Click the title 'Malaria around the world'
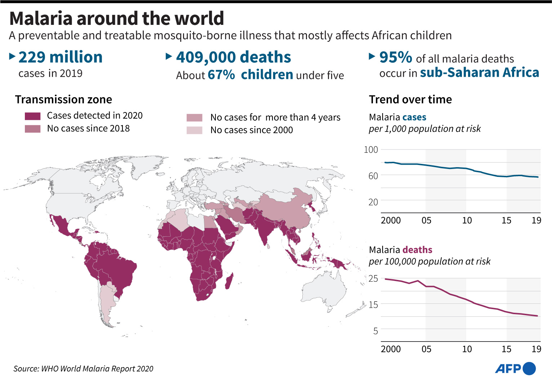click(116, 18)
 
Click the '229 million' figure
click(60, 57)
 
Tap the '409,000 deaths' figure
click(233, 57)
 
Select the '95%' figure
click(395, 57)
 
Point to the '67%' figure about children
click(221, 75)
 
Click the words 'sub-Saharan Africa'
click(479, 72)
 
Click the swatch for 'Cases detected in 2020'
click(32, 116)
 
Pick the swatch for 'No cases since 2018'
click(32, 129)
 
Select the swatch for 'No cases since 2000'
click(194, 130)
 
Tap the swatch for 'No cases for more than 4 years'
click(194, 118)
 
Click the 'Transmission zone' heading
click(63, 99)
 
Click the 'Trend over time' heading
click(410, 99)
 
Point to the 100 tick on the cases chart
click(371, 150)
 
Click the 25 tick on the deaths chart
click(373, 278)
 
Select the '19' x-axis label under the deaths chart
click(536, 349)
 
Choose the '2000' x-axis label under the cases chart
click(391, 220)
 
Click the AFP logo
click(515, 369)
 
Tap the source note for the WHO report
click(83, 369)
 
